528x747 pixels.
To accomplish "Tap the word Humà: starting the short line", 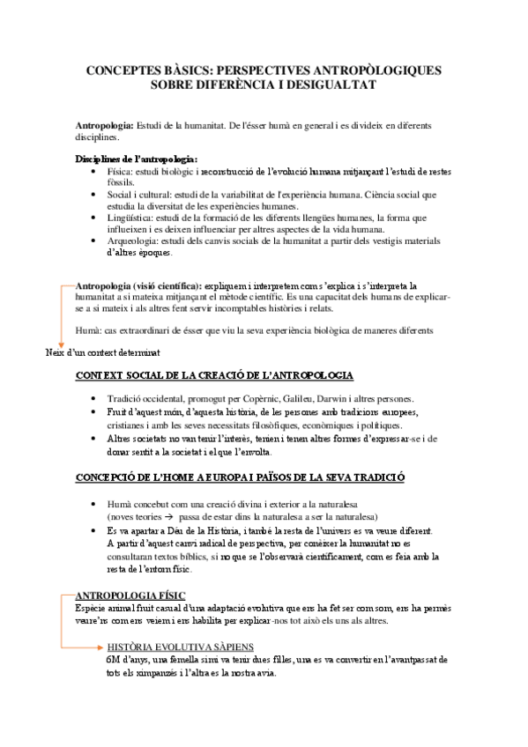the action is click(x=91, y=330).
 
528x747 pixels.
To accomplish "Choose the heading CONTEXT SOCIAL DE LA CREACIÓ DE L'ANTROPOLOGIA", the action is click(x=215, y=376).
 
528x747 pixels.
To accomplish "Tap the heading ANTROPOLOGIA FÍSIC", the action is click(x=130, y=595).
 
